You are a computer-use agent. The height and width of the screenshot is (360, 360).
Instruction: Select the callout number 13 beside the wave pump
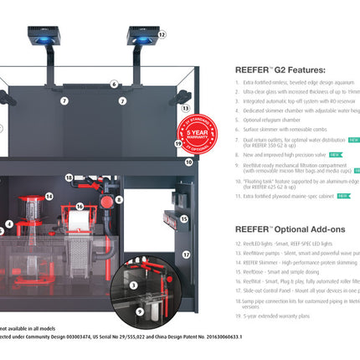click(185, 109)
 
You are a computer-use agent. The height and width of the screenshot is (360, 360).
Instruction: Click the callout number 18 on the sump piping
click(69, 177)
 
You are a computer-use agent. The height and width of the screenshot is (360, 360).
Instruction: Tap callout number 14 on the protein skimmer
click(49, 197)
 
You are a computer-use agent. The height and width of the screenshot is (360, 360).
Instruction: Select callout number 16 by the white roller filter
click(80, 204)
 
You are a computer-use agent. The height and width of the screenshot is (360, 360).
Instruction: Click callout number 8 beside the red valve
click(120, 200)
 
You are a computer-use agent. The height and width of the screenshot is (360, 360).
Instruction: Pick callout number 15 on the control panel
click(184, 219)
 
